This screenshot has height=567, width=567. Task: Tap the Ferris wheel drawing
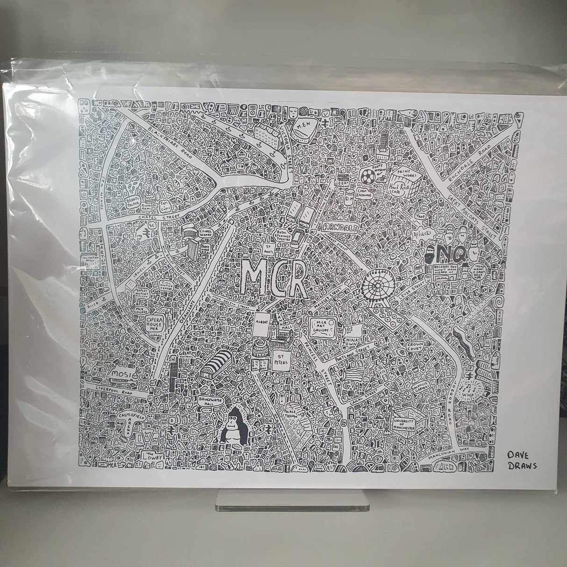379,285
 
